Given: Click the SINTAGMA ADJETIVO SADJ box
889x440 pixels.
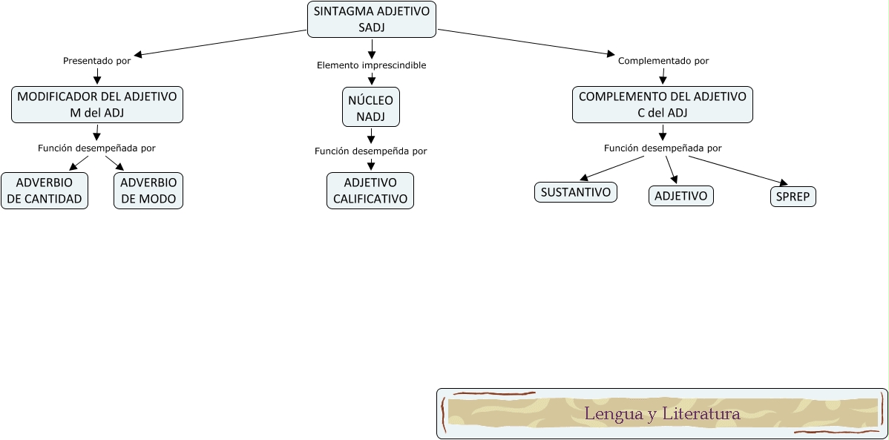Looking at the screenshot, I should click(372, 19).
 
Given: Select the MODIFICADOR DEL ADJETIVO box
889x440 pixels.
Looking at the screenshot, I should click(97, 105).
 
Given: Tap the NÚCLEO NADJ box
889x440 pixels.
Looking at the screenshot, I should click(371, 108).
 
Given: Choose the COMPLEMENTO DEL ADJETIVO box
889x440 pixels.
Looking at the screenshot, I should click(663, 105).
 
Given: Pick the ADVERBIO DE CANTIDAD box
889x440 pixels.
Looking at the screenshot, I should click(45, 191).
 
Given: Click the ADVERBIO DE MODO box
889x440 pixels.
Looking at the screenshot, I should click(148, 191).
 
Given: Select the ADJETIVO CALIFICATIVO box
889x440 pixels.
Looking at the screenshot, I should click(370, 191).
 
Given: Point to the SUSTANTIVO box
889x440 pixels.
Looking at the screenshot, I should click(576, 192).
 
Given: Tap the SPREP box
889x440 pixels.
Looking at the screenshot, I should click(793, 197).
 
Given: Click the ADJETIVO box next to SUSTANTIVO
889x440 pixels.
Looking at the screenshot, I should click(681, 196).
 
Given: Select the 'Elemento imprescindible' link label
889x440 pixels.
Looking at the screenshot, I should click(371, 65).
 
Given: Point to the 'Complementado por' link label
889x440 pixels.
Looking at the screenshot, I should click(663, 61).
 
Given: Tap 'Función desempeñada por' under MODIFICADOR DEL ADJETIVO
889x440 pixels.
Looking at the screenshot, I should click(96, 148).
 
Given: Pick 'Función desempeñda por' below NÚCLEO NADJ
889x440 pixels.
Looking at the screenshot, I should click(371, 151).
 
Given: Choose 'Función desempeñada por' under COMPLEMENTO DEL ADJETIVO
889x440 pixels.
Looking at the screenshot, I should click(663, 148).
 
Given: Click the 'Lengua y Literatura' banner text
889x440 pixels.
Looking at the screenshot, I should click(662, 413).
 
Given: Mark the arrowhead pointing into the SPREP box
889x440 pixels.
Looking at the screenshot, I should click(782, 183).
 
